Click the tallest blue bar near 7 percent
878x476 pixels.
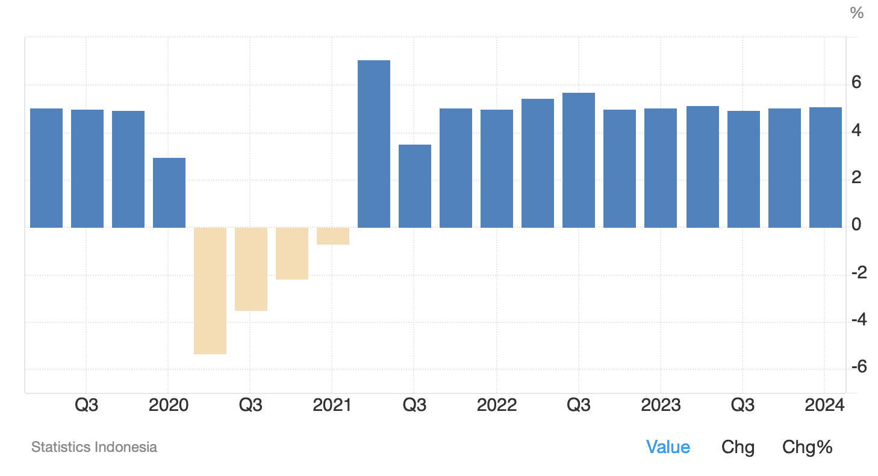tap(373, 144)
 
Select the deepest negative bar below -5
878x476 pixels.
tap(210, 290)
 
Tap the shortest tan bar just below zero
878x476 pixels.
tap(332, 236)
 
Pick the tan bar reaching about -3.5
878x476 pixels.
tap(251, 269)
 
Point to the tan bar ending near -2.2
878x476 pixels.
tap(291, 253)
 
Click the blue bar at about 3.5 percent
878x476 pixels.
tap(414, 186)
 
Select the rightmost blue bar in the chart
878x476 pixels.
tap(825, 168)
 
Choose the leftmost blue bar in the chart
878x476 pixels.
tap(46, 168)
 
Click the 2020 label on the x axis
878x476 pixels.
tap(168, 405)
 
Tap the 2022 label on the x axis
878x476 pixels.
tap(496, 405)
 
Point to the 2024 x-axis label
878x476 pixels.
tap(825, 405)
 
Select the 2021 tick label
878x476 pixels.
tap(332, 405)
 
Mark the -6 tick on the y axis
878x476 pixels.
tap(858, 366)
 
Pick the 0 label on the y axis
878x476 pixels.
tap(856, 225)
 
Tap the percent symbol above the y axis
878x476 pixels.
tap(856, 13)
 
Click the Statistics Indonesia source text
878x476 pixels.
tap(94, 447)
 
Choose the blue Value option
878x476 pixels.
tap(668, 447)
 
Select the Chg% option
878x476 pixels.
tap(807, 447)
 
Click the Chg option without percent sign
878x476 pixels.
tap(738, 447)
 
